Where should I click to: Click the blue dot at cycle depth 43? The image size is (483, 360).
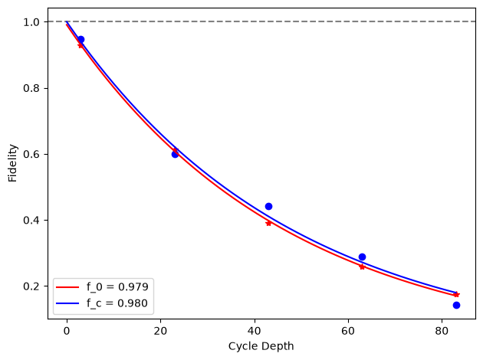click(x=268, y=206)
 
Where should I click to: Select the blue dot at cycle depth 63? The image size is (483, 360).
click(x=362, y=257)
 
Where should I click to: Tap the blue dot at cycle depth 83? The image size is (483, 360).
click(x=456, y=305)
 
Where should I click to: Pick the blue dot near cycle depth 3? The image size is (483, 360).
click(x=81, y=39)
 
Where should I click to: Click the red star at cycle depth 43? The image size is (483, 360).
click(x=268, y=223)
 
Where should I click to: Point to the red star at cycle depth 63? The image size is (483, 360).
click(x=362, y=267)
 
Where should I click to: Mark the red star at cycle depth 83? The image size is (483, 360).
click(x=456, y=294)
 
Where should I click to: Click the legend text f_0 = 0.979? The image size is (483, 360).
click(x=117, y=286)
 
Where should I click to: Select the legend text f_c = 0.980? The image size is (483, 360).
click(x=117, y=303)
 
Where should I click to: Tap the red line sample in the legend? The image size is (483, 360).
click(x=67, y=287)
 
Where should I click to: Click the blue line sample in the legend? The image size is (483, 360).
click(x=67, y=303)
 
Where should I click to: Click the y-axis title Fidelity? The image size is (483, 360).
click(x=12, y=163)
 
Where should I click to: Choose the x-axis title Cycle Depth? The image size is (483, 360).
click(x=261, y=346)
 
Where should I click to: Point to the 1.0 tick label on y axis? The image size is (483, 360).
click(x=31, y=22)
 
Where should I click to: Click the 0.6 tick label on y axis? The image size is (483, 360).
click(x=31, y=154)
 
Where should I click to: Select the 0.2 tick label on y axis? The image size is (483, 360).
click(x=31, y=286)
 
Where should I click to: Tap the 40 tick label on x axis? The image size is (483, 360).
click(x=255, y=331)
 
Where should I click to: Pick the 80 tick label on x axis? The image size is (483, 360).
click(x=442, y=331)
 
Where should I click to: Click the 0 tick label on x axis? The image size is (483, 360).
click(x=67, y=331)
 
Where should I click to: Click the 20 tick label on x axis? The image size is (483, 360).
click(x=160, y=331)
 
